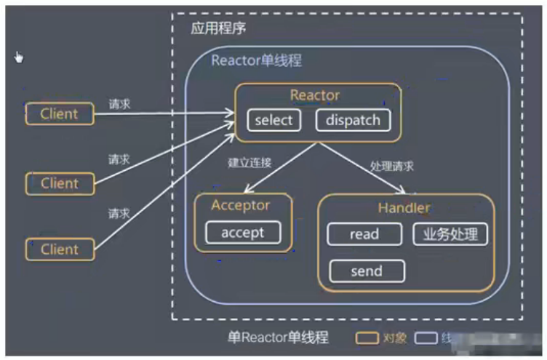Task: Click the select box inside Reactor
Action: pos(273,120)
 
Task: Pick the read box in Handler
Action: pos(364,234)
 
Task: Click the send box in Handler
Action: pos(366,271)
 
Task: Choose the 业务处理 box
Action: pos(450,234)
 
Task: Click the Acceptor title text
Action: pos(240,205)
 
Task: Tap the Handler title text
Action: pos(404,208)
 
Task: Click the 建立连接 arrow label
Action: pos(249,163)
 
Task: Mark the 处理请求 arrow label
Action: pos(391,166)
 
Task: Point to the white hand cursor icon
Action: pos(18,57)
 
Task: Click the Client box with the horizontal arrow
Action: pos(60,113)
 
